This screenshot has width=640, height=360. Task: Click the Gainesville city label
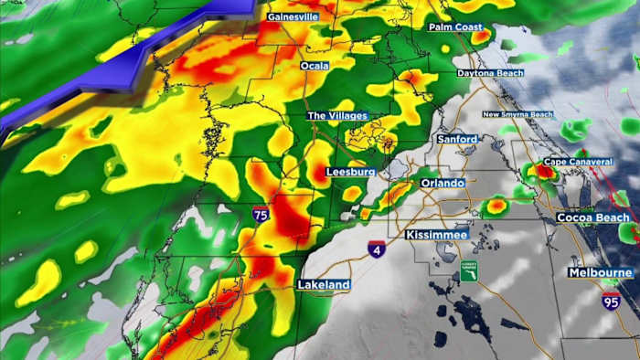(293, 16)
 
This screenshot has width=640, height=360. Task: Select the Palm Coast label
(455, 27)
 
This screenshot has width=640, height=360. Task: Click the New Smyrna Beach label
(517, 114)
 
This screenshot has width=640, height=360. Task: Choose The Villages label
(337, 116)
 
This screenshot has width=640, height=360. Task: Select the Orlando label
(443, 183)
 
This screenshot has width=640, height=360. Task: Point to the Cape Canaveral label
(578, 162)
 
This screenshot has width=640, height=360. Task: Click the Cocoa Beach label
(593, 217)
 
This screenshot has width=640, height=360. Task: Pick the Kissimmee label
(436, 235)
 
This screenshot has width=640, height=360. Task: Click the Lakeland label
(323, 285)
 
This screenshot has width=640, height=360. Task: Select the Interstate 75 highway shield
(261, 215)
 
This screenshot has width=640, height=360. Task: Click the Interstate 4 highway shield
(377, 249)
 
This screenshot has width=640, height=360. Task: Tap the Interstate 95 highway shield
(610, 301)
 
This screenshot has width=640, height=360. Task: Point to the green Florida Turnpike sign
(468, 270)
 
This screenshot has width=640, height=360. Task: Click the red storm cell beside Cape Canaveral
(545, 170)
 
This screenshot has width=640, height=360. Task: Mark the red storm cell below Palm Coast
(481, 38)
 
